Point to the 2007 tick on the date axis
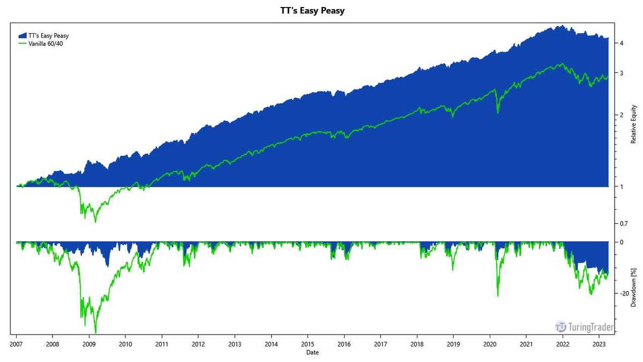pyautogui.click(x=16, y=344)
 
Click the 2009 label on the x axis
pyautogui.click(x=89, y=344)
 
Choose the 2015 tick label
pyautogui.click(x=308, y=344)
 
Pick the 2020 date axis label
pyautogui.click(x=490, y=344)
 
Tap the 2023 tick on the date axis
pyautogui.click(x=600, y=344)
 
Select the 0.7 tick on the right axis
pyautogui.click(x=623, y=223)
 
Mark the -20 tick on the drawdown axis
pyautogui.click(x=624, y=293)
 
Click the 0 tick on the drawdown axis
pyautogui.click(x=620, y=242)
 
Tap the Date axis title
pyautogui.click(x=312, y=353)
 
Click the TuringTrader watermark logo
pyautogui.click(x=585, y=326)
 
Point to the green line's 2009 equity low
pyautogui.click(x=95, y=221)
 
